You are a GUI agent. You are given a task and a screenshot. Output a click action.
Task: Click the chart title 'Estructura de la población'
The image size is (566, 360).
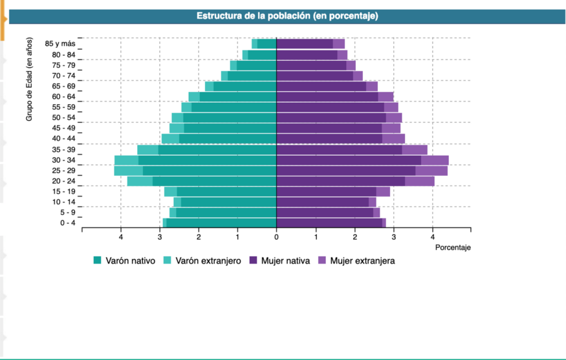click(287, 16)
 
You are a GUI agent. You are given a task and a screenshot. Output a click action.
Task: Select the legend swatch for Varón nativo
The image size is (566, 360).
click(98, 261)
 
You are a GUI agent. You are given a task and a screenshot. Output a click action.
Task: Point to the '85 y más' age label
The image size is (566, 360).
click(60, 43)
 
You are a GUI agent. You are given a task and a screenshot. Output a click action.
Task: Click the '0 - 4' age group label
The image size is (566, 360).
click(67, 223)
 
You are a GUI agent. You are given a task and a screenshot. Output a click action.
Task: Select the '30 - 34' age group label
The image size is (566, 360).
click(63, 160)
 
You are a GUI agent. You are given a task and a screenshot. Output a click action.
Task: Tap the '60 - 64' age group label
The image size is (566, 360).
click(63, 96)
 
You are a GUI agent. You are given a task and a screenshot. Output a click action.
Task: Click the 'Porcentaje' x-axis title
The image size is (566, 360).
click(453, 248)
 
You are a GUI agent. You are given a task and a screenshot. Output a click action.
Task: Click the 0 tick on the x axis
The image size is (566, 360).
click(276, 237)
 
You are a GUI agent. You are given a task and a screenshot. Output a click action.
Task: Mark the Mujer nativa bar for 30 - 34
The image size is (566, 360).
click(349, 160)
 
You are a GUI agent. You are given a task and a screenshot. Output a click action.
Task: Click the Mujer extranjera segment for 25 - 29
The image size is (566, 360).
click(431, 171)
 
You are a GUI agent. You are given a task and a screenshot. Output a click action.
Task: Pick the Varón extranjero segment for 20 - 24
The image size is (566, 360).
click(140, 181)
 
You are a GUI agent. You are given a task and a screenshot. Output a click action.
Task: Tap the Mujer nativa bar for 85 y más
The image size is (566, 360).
click(305, 44)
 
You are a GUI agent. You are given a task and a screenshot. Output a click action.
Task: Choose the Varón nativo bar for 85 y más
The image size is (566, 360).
click(267, 44)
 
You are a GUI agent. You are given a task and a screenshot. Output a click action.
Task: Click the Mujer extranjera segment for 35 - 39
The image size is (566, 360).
click(415, 150)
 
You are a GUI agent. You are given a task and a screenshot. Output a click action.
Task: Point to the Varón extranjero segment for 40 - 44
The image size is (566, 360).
click(170, 139)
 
